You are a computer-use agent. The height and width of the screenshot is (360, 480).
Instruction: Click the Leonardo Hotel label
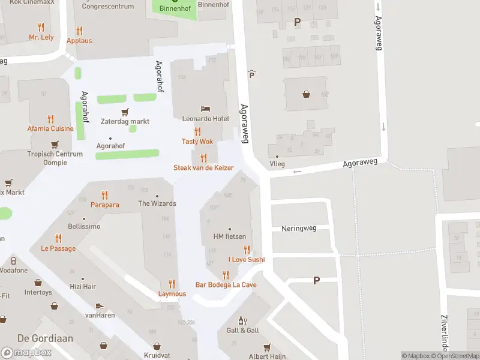pyautogui.click(x=206, y=119)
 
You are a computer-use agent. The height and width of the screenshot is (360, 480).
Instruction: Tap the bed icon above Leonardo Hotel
pyautogui.click(x=206, y=109)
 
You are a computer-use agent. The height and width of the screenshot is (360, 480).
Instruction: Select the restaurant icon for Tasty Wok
pyautogui.click(x=197, y=131)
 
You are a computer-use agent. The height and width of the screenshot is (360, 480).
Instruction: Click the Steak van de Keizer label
pyautogui.click(x=203, y=168)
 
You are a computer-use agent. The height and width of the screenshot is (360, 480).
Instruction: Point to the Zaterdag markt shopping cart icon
pyautogui.click(x=125, y=112)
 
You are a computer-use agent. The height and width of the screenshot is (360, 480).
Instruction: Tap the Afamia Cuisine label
pyautogui.click(x=50, y=128)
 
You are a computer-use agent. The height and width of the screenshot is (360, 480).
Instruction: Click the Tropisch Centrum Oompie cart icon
pyautogui.click(x=55, y=144)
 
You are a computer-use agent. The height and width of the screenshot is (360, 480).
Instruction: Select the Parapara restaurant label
pyautogui.click(x=105, y=205)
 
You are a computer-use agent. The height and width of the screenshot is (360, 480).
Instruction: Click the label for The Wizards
pyautogui.click(x=157, y=203)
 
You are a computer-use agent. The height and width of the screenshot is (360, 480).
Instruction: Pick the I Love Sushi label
pyautogui.click(x=246, y=260)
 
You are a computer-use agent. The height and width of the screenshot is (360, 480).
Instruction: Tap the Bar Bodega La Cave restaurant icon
pyautogui.click(x=226, y=275)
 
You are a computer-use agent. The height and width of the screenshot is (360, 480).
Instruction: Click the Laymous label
pyautogui.click(x=172, y=294)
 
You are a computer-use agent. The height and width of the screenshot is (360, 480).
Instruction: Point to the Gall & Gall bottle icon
pyautogui.click(x=242, y=321)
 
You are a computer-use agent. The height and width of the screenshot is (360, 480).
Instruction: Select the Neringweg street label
pyautogui.click(x=298, y=229)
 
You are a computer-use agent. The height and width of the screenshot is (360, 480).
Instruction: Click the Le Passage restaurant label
pyautogui.click(x=58, y=248)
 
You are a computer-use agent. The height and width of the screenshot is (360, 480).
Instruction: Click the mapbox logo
pyautogui.click(x=26, y=353)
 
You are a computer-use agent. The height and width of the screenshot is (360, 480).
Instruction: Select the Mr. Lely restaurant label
pyautogui.click(x=41, y=37)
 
